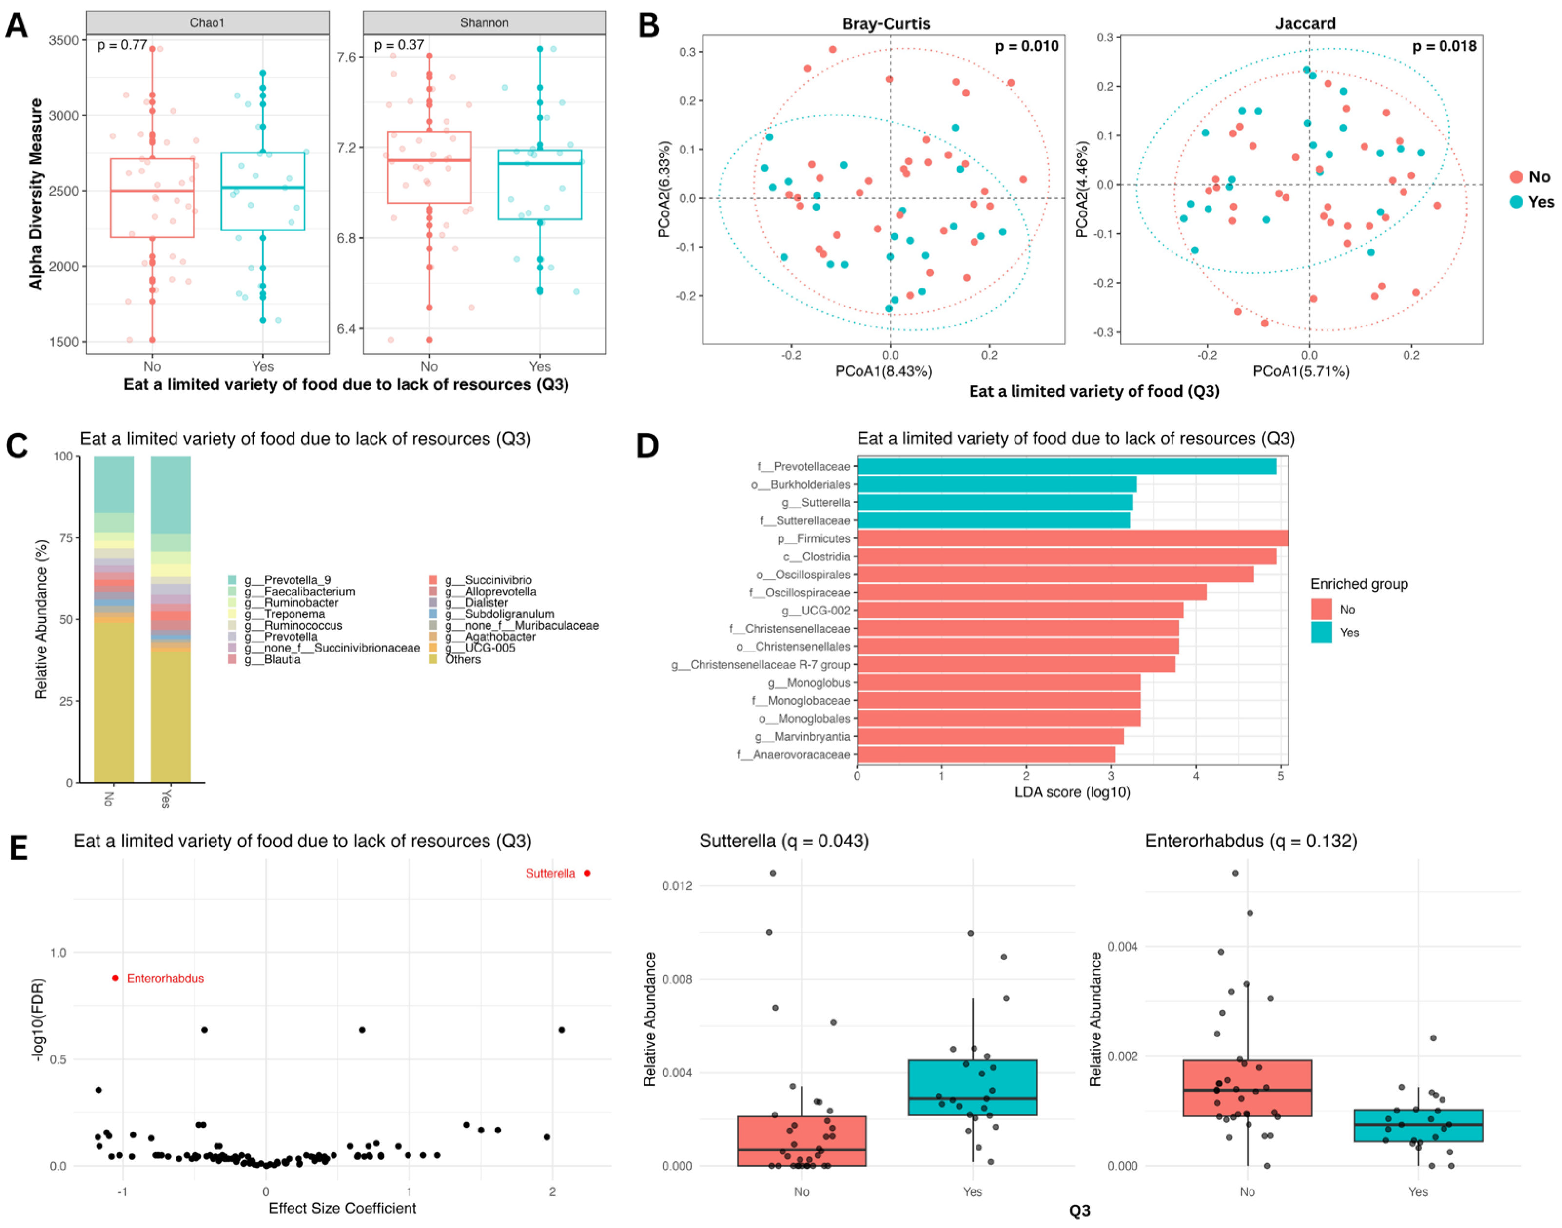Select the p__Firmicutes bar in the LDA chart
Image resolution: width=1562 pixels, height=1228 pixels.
pos(1072,538)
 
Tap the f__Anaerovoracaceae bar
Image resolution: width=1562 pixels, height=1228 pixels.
pos(985,754)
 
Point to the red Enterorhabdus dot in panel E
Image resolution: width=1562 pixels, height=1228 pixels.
pos(116,978)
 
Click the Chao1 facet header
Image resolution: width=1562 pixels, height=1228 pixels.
pos(207,23)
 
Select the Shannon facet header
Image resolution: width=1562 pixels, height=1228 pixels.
pos(484,23)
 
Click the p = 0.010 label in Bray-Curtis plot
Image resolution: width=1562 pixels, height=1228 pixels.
pos(1026,46)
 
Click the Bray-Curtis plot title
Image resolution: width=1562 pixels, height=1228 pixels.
pos(886,24)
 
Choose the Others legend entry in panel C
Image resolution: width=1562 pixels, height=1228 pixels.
pos(463,659)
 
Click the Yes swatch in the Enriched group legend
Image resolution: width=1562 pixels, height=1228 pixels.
pos(1321,632)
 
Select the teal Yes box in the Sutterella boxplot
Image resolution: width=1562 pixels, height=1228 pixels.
pos(972,1087)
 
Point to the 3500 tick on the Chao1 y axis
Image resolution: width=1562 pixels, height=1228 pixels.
pos(63,40)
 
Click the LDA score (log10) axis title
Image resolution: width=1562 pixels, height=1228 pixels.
pos(1072,792)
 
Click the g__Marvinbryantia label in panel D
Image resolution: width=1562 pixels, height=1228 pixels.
pos(802,736)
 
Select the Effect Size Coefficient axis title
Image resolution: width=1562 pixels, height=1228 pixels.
pos(342,1209)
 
